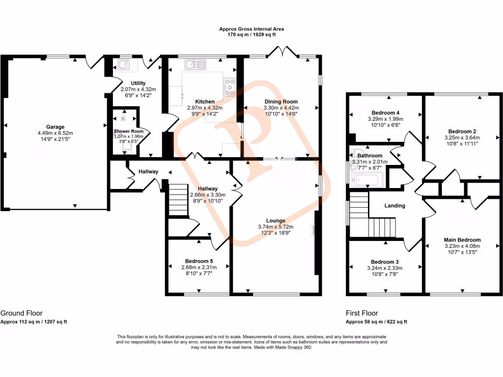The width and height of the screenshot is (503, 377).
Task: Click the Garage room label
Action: [x=56, y=127]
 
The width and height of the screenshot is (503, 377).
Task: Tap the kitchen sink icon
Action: [x=196, y=64]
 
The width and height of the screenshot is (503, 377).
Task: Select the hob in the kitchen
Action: [x=229, y=87]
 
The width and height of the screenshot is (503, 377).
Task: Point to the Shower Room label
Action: [x=128, y=131]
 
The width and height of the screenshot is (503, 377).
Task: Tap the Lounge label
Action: [x=275, y=220]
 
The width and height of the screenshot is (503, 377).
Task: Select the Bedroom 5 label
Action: [x=199, y=261]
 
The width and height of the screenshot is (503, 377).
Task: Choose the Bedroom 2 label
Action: [x=462, y=131]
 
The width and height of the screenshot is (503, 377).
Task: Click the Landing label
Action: [x=395, y=206]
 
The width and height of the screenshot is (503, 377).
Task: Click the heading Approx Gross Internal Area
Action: [x=251, y=29]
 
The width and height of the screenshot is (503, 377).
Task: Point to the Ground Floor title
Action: [x=21, y=313]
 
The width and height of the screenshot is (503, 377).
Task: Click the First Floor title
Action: [x=362, y=313]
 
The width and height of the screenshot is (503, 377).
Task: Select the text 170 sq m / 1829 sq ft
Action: [x=251, y=35]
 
